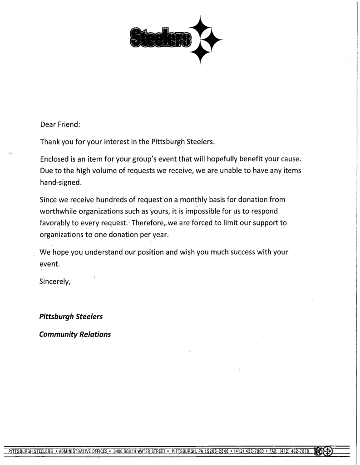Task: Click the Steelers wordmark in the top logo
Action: (160, 38)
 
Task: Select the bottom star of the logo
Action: (199, 53)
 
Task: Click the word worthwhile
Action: (60, 211)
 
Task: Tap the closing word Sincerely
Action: (55, 281)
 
